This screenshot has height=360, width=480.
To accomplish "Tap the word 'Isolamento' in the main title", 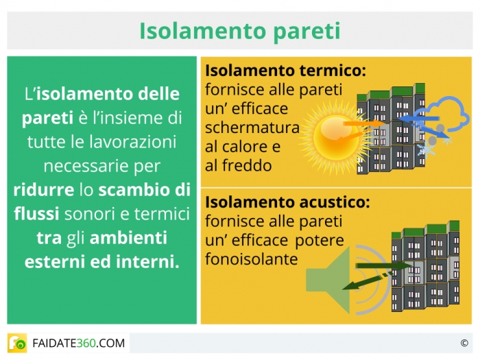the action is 203,31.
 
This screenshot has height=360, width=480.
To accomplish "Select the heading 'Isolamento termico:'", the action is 286,70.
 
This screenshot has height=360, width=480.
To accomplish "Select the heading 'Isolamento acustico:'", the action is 287,202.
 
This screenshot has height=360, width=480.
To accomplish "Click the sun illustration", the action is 335,138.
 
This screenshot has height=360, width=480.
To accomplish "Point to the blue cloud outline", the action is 447,113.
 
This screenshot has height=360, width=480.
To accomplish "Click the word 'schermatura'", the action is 252,128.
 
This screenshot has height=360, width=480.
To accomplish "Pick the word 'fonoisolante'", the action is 252,259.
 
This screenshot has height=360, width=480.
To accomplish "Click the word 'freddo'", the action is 247,165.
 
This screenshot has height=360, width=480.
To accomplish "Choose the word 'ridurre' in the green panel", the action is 44,190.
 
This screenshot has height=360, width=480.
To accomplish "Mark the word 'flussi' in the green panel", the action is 36,213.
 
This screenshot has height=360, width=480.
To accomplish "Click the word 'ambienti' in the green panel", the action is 128,237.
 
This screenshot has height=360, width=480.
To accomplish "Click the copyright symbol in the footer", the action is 464,343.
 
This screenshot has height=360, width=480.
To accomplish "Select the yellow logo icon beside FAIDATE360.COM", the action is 17,343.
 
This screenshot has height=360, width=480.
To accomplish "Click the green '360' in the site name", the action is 86,343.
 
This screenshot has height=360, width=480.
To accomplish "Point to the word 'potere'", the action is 320,241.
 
